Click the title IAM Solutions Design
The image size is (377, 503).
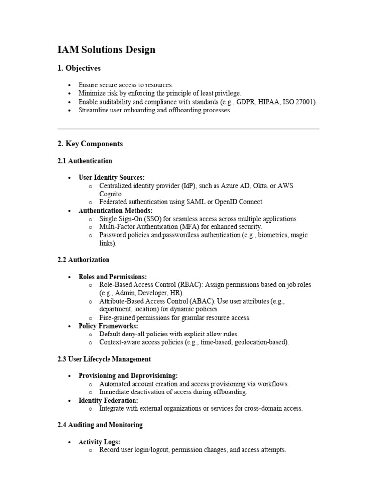point(107,50)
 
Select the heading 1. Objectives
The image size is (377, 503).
point(79,68)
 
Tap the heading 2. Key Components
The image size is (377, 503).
point(90,144)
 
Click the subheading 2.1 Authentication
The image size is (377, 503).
point(85,161)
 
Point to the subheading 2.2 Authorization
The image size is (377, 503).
point(83,260)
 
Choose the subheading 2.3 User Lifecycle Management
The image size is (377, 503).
point(104,359)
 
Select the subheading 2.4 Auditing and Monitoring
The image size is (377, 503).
point(100,425)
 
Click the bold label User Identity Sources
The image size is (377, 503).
point(111,177)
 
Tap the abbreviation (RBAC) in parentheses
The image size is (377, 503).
point(188,285)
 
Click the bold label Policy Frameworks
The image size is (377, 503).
point(108,326)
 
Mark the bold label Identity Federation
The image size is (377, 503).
point(108,400)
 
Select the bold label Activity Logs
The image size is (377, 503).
point(99,442)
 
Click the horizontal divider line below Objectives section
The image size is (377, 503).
point(188,129)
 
